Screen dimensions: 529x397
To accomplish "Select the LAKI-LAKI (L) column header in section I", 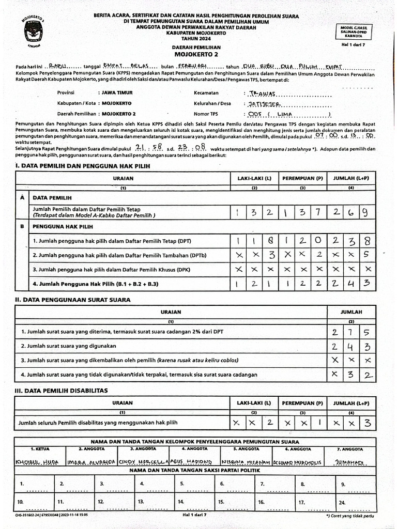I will point(254,178).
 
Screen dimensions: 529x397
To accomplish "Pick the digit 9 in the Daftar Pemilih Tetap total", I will point(365,212).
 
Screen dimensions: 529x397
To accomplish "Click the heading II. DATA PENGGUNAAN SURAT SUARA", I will point(72,300).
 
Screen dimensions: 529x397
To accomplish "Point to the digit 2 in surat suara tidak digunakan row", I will point(367,375).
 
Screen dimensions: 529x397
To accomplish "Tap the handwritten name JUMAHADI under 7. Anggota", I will point(351,461).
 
